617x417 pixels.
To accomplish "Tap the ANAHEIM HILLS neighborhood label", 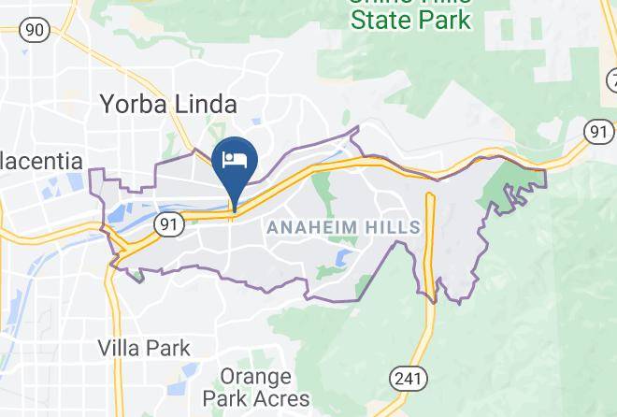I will [x=344, y=227].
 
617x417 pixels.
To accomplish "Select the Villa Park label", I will [x=144, y=349].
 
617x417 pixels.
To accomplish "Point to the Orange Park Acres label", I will [x=256, y=388].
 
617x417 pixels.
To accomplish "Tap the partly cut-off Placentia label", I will [x=41, y=161].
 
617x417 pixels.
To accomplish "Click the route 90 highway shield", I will [x=36, y=30].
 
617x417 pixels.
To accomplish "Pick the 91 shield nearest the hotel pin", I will [x=168, y=223].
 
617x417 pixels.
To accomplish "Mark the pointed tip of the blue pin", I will [x=233, y=211].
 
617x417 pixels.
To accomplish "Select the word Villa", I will [x=119, y=349].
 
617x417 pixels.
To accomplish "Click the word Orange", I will [x=256, y=377].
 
